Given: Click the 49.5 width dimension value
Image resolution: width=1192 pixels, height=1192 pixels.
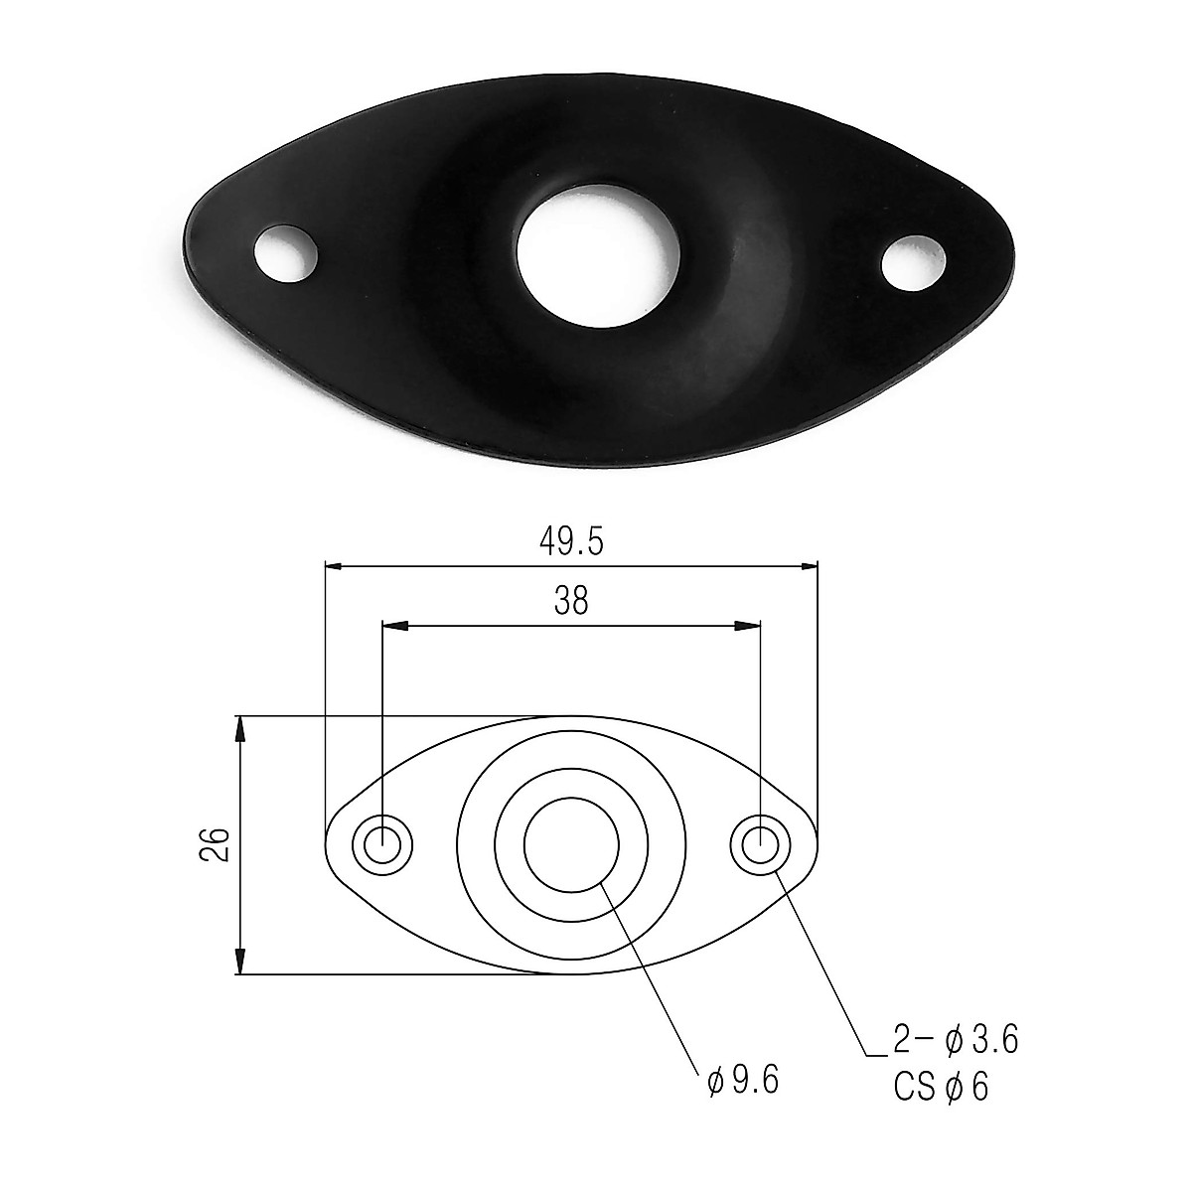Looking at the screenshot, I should (x=571, y=541).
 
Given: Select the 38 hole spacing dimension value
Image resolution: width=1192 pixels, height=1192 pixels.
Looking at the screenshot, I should (x=571, y=602).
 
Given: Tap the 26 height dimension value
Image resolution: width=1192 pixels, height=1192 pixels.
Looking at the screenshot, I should (x=220, y=843).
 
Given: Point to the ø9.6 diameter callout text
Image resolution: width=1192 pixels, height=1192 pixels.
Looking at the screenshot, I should (x=743, y=1080).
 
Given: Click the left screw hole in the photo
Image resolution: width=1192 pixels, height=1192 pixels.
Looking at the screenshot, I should (x=286, y=253).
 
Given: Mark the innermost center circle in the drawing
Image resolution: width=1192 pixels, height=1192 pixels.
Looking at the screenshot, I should (x=571, y=845).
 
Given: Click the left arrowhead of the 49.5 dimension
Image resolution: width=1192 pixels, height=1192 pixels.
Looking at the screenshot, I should (x=335, y=566).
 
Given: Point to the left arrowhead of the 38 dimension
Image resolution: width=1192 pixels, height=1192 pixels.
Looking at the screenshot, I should (x=394, y=626).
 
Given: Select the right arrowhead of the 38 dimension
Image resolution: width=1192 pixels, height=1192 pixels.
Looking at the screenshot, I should (x=749, y=626).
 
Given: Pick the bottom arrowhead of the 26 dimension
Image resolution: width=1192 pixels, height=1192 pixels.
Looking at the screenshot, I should (x=239, y=963).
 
